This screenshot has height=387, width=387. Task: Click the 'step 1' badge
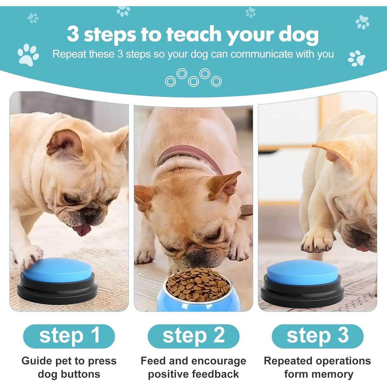(x=69, y=336)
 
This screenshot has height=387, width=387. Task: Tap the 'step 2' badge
(x=193, y=336)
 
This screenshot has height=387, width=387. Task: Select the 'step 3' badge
(x=318, y=336)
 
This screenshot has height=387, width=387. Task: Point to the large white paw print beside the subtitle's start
(x=28, y=55)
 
